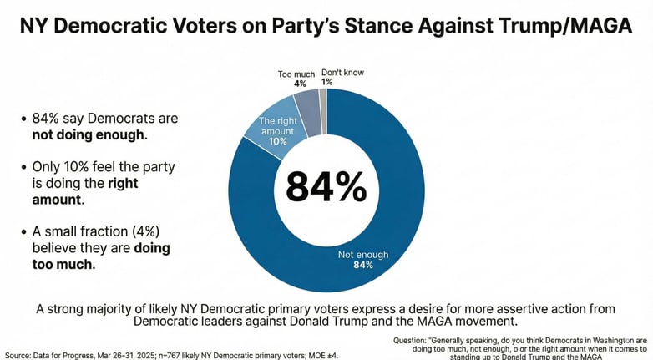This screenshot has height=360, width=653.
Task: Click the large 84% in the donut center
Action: (326, 186)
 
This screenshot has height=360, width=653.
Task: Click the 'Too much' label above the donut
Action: (296, 74)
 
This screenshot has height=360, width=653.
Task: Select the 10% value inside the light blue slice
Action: (277, 142)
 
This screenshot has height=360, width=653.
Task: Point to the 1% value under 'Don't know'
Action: (327, 82)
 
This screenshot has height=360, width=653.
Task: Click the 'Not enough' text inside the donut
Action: (361, 255)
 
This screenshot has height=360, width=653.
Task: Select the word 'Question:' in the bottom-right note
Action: (417, 341)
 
